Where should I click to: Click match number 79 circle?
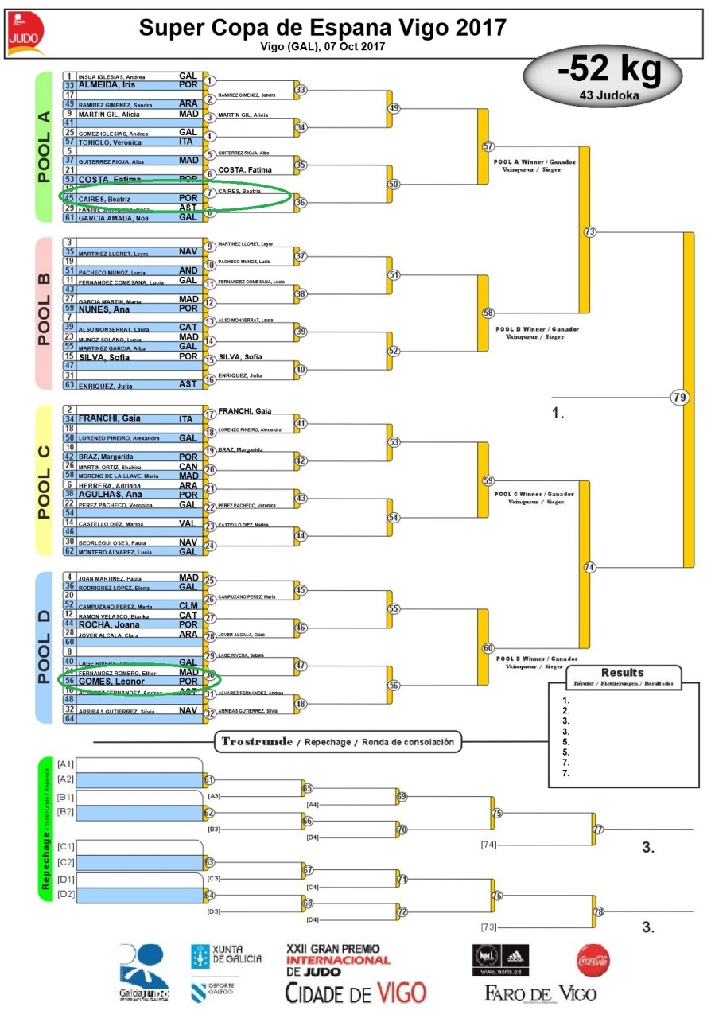click(x=679, y=396)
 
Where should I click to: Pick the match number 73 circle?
click(x=589, y=232)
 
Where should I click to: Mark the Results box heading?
click(x=623, y=673)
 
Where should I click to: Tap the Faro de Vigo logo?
click(x=540, y=993)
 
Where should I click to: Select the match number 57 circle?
click(x=488, y=146)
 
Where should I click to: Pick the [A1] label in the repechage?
click(x=65, y=764)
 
